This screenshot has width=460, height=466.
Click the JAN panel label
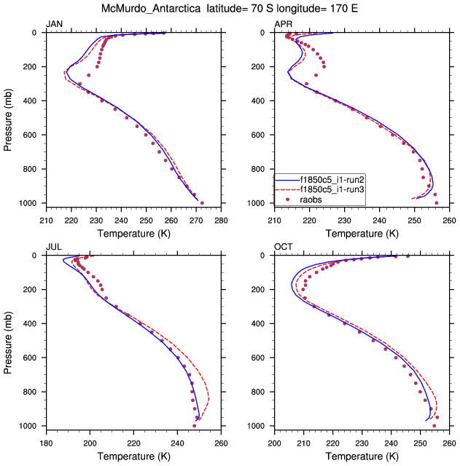54,24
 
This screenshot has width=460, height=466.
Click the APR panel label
283,24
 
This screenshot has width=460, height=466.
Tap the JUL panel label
53,247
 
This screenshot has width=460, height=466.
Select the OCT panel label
283,247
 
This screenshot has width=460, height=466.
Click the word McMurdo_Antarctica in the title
156,9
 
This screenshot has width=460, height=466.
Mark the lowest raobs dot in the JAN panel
202,203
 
